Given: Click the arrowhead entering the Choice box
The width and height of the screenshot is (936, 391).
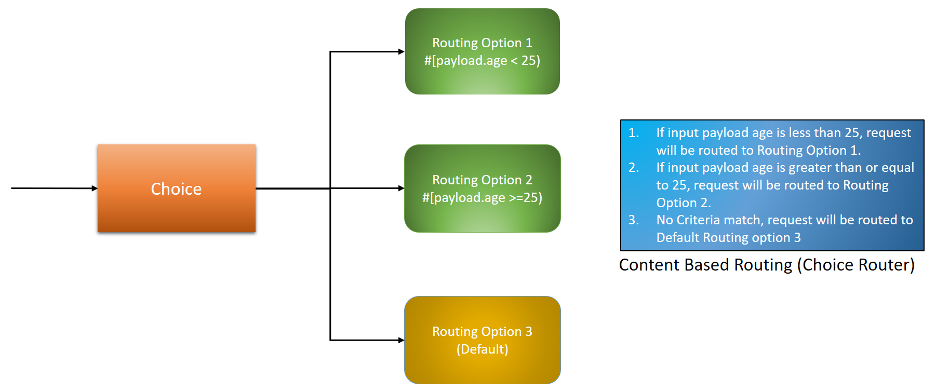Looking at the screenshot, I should [x=95, y=188].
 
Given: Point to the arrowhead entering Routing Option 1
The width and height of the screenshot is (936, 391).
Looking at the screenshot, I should [x=401, y=52].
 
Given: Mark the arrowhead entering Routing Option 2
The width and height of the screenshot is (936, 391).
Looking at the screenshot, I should [x=401, y=188].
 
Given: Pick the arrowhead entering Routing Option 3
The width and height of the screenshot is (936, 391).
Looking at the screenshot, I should [x=401, y=341].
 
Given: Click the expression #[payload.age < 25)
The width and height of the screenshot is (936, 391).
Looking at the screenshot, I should [x=482, y=61].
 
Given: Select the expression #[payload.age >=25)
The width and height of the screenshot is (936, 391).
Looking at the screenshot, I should [x=482, y=198].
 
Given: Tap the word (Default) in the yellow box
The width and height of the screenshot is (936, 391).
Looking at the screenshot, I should [x=482, y=349].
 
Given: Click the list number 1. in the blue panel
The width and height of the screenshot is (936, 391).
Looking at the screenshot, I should [x=634, y=133].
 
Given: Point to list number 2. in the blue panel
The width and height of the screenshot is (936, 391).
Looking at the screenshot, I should [x=634, y=168].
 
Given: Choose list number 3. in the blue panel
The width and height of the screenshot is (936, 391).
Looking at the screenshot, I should [x=634, y=220].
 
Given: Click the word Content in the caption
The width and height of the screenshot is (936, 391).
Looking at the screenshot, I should [x=649, y=265].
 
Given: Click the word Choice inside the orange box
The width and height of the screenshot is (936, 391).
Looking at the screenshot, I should [x=176, y=189].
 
